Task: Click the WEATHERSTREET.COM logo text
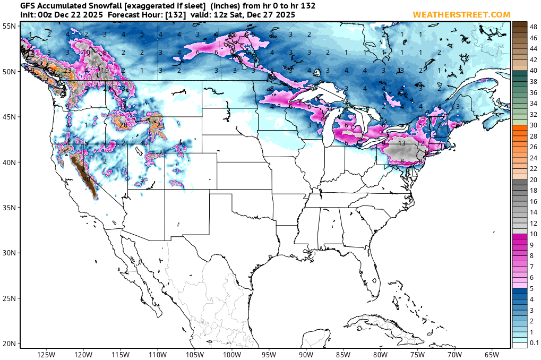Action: coord(461,14)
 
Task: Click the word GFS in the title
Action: coord(28,5)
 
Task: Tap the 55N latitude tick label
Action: coord(9,25)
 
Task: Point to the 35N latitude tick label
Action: coord(9,208)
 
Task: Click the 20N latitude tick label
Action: coord(9,344)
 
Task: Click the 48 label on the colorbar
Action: coord(534,26)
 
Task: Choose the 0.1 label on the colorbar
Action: coord(534,343)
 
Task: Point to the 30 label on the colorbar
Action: coord(534,125)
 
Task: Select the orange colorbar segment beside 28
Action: coord(520,136)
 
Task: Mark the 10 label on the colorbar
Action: coord(534,234)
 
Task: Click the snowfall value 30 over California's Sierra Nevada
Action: coord(87,179)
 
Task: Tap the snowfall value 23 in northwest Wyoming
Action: coord(160,125)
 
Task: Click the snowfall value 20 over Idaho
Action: coord(123,125)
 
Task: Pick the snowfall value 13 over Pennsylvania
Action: coord(402,143)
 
